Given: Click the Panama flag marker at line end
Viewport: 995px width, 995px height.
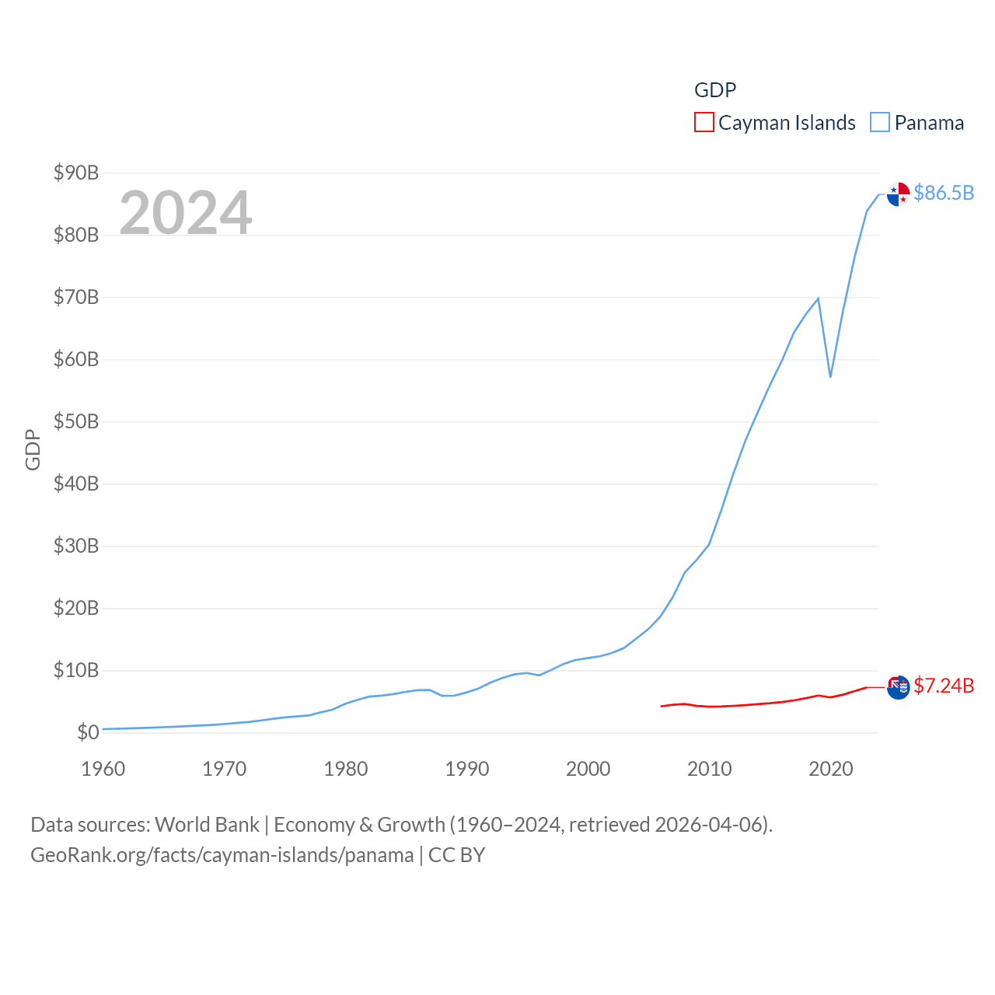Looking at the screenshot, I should (898, 194).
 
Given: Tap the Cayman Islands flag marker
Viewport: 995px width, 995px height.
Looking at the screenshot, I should (898, 687).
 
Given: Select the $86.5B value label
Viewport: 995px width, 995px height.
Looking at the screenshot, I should (944, 193).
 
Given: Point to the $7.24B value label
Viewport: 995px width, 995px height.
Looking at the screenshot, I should (944, 686).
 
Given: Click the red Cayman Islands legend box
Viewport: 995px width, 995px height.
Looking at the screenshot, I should (703, 123).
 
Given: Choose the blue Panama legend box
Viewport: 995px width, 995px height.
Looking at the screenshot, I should (879, 123).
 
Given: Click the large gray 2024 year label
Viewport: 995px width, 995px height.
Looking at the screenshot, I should (185, 212).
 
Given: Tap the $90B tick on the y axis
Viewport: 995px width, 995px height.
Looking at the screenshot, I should (76, 173).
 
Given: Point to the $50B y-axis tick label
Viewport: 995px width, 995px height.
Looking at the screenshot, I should (76, 421).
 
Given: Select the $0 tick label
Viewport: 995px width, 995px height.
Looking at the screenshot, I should (87, 732).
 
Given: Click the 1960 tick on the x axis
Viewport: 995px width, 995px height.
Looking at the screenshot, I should (103, 769).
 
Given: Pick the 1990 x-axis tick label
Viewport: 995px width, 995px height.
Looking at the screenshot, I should (467, 769).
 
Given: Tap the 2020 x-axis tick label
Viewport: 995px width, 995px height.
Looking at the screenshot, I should (831, 769).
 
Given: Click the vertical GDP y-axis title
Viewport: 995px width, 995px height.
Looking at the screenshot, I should (33, 449).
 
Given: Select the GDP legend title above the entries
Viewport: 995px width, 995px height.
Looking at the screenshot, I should (715, 90).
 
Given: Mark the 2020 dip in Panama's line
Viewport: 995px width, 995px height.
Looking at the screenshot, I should (830, 377).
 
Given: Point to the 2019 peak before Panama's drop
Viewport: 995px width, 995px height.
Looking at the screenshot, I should (818, 298).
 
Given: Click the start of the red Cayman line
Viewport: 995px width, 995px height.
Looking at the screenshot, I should (661, 706).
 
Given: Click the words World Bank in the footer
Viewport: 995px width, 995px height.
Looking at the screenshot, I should (207, 824).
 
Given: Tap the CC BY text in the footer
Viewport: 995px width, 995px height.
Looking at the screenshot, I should (456, 855).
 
